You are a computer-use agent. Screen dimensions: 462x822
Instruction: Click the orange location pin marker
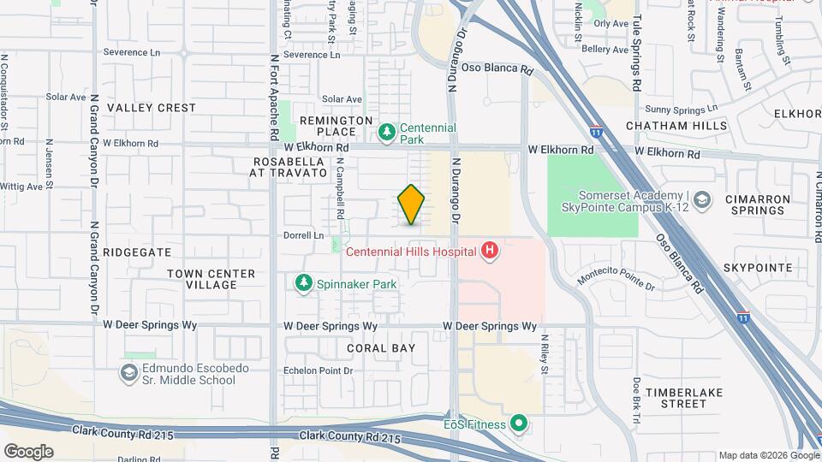[411, 204]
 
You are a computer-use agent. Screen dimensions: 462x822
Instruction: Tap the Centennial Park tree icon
[386, 132]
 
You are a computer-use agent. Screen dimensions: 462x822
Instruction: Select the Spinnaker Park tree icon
[302, 282]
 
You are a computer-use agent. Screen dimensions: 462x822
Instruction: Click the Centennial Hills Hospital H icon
[489, 251]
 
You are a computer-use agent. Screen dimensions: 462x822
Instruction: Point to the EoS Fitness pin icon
[518, 423]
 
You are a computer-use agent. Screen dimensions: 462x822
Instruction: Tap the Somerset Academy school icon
[702, 199]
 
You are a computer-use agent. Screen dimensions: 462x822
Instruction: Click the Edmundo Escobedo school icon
[129, 373]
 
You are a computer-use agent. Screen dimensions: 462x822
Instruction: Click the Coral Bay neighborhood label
[381, 348]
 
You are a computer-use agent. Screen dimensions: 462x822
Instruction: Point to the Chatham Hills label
[676, 126]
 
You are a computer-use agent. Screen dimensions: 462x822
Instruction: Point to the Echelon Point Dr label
[319, 370]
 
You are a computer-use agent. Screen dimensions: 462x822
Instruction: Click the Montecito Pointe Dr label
[616, 280]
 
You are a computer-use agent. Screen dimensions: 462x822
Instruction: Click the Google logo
[28, 452]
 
